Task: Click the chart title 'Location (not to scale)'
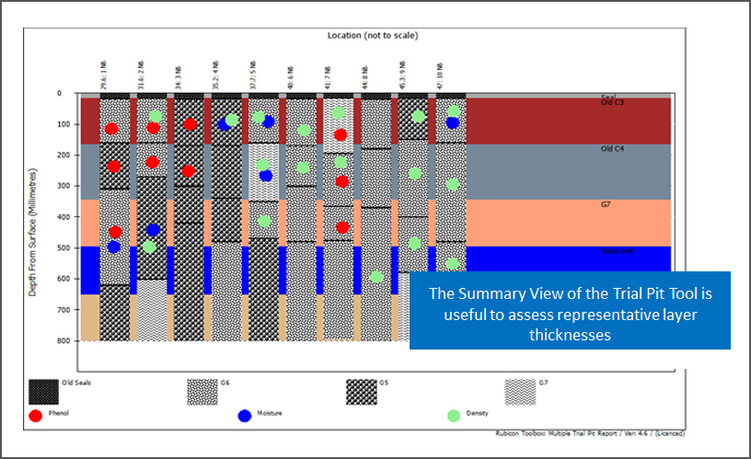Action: (373, 36)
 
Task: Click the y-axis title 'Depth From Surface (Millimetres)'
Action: (33, 232)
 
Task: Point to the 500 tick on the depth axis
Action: (62, 247)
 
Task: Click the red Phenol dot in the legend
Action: (36, 415)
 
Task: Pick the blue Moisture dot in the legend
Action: (245, 415)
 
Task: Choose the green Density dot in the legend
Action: (454, 415)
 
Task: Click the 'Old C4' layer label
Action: (612, 148)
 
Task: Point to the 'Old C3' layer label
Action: (612, 102)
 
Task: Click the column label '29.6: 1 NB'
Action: (106, 75)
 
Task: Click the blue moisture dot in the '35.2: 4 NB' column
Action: (225, 124)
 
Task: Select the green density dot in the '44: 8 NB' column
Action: (376, 276)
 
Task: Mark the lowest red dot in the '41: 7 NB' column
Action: (342, 227)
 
